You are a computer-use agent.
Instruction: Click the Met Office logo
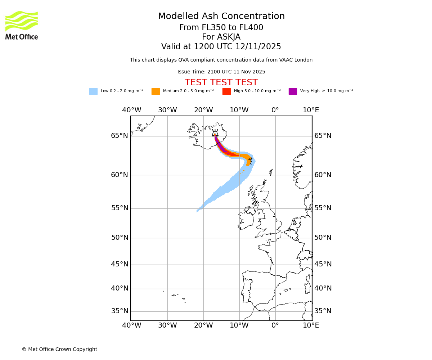tap(22, 25)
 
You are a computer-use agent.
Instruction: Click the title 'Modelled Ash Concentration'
tap(221, 17)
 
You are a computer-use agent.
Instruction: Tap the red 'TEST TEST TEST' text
tap(221, 83)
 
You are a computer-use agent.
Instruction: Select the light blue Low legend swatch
tap(93, 91)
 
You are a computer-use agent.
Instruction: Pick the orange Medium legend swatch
tap(156, 91)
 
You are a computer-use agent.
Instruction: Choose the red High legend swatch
tap(226, 91)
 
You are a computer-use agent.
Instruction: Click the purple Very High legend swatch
tap(293, 91)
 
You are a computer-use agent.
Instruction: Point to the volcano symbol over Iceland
tap(215, 133)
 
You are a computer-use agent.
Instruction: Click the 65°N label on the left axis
tap(120, 136)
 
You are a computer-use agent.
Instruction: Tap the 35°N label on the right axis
tap(323, 311)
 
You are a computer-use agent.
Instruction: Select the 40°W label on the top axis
tap(131, 110)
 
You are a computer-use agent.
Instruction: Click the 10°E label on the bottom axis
tap(311, 325)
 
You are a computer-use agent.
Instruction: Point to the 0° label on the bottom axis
tap(275, 325)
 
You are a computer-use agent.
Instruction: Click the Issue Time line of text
tap(221, 72)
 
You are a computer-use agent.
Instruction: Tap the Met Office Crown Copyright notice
tap(59, 350)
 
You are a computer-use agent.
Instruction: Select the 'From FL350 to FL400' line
tap(221, 28)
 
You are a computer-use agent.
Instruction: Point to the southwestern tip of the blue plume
tap(198, 211)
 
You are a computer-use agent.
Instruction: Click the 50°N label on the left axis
tap(120, 238)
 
